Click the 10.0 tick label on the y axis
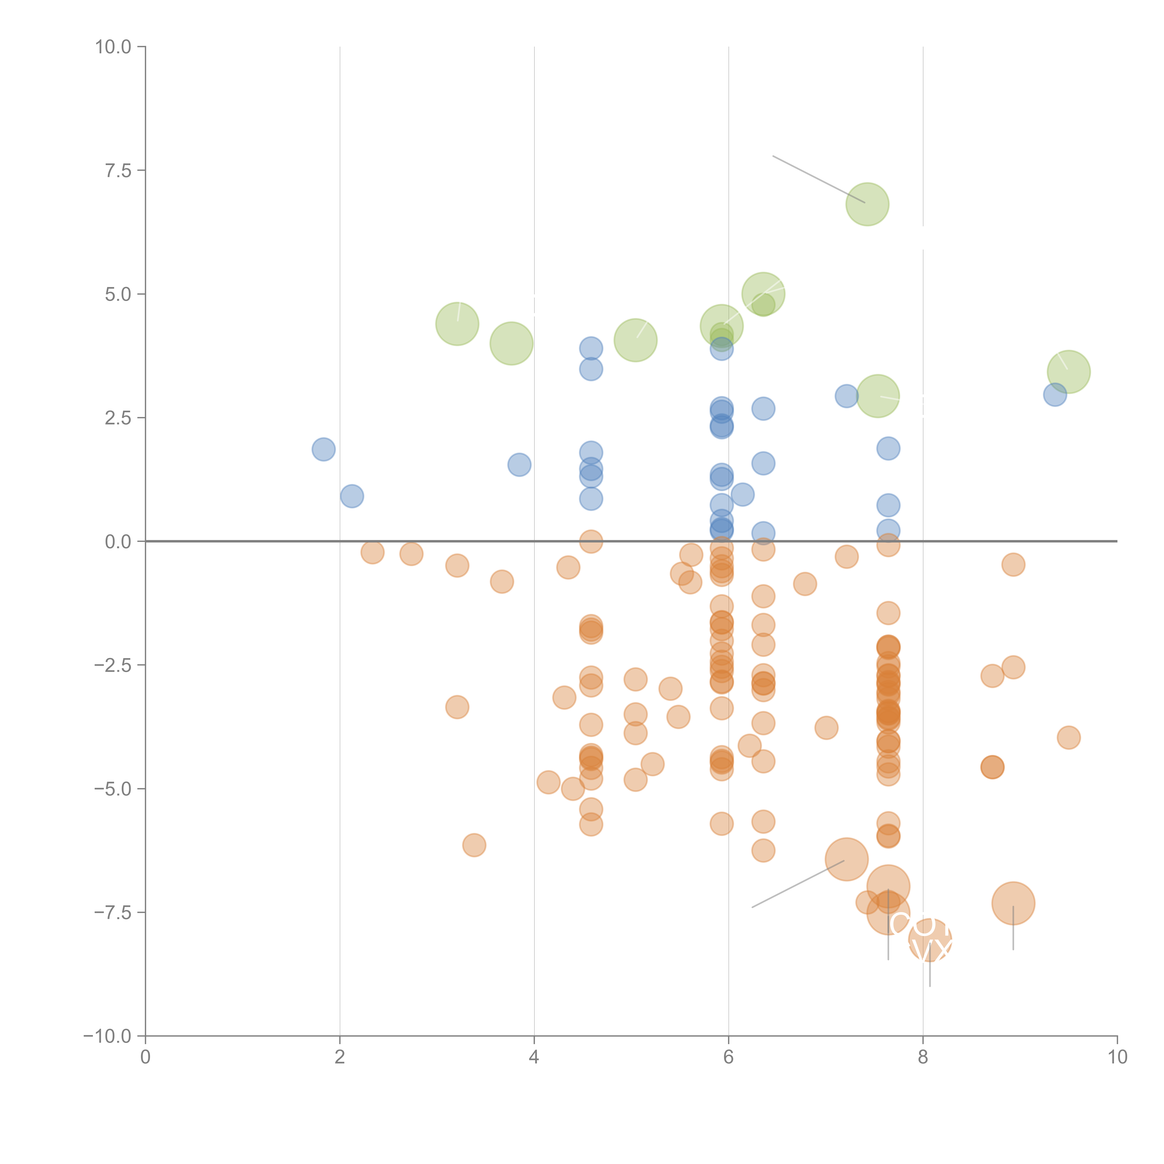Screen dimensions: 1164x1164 coord(113,47)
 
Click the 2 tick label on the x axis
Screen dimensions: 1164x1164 coord(340,1057)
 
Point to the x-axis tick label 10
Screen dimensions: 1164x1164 coord(1117,1057)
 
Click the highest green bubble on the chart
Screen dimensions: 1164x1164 coord(867,204)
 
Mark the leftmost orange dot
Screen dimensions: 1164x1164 coord(372,552)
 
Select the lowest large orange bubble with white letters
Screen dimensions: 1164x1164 coord(930,940)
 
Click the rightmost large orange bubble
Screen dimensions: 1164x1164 coord(1013,903)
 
